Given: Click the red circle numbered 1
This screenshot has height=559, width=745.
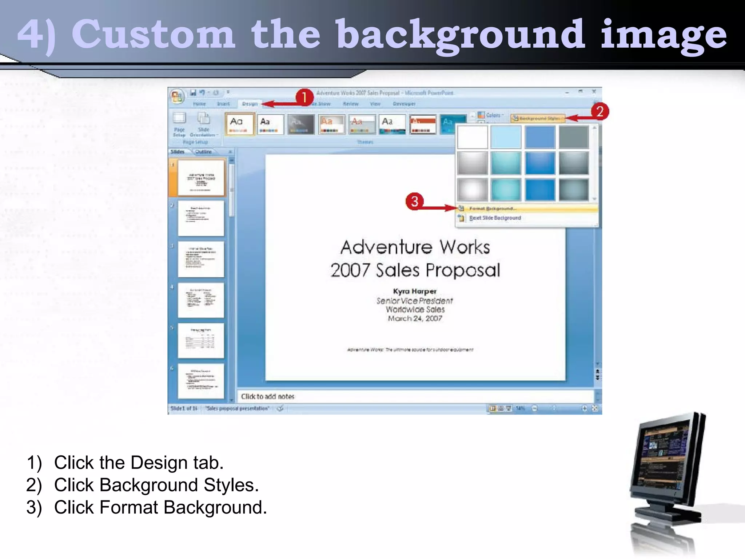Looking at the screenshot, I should [x=304, y=98].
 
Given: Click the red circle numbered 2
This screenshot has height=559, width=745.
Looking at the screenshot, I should [x=599, y=111].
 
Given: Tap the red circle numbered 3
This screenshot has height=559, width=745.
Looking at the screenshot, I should [x=415, y=201].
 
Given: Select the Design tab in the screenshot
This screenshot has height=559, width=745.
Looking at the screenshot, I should [x=250, y=104].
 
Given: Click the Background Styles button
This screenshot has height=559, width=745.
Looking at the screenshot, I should [x=538, y=118].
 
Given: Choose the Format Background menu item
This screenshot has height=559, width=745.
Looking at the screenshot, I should [x=493, y=209].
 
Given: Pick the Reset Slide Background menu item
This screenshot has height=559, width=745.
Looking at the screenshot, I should [x=495, y=218].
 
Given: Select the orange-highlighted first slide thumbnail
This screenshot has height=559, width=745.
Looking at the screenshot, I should [x=201, y=178].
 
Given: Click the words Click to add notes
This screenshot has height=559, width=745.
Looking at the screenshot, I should [x=268, y=396].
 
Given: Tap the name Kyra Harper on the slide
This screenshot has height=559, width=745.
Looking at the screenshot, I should [x=415, y=291].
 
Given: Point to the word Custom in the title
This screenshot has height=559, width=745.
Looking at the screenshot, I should [x=153, y=35].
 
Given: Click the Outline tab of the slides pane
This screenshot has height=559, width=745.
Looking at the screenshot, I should [x=203, y=152].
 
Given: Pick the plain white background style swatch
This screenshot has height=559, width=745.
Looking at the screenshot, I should [x=472, y=137].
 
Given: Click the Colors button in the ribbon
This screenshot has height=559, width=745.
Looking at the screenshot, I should [x=491, y=115].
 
